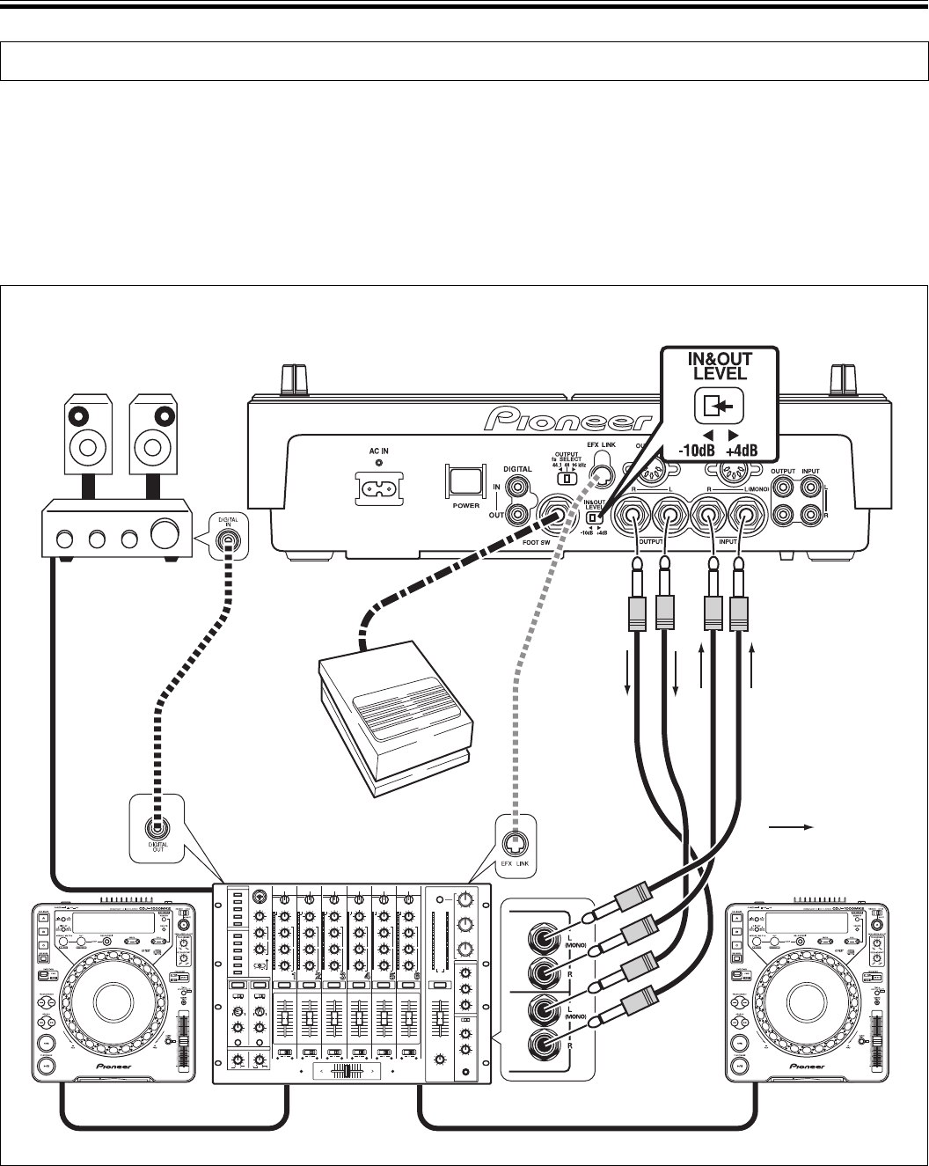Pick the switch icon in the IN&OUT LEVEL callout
[x=720, y=406]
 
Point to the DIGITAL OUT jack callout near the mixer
[x=157, y=828]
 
